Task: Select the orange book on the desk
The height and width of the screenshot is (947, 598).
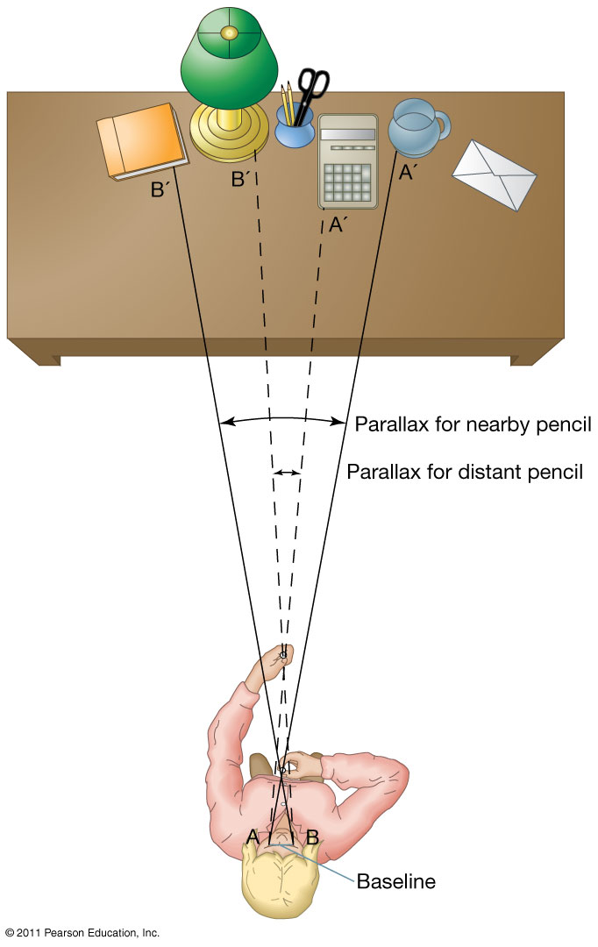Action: pyautogui.click(x=142, y=139)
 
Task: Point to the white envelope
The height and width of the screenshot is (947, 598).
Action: pyautogui.click(x=494, y=173)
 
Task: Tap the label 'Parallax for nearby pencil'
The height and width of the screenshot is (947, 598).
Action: pyautogui.click(x=473, y=425)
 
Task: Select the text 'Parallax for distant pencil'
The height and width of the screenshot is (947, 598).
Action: pyautogui.click(x=465, y=473)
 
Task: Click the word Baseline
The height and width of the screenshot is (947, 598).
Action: pyautogui.click(x=395, y=880)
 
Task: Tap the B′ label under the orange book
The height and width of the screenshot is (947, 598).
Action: pyautogui.click(x=160, y=188)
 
